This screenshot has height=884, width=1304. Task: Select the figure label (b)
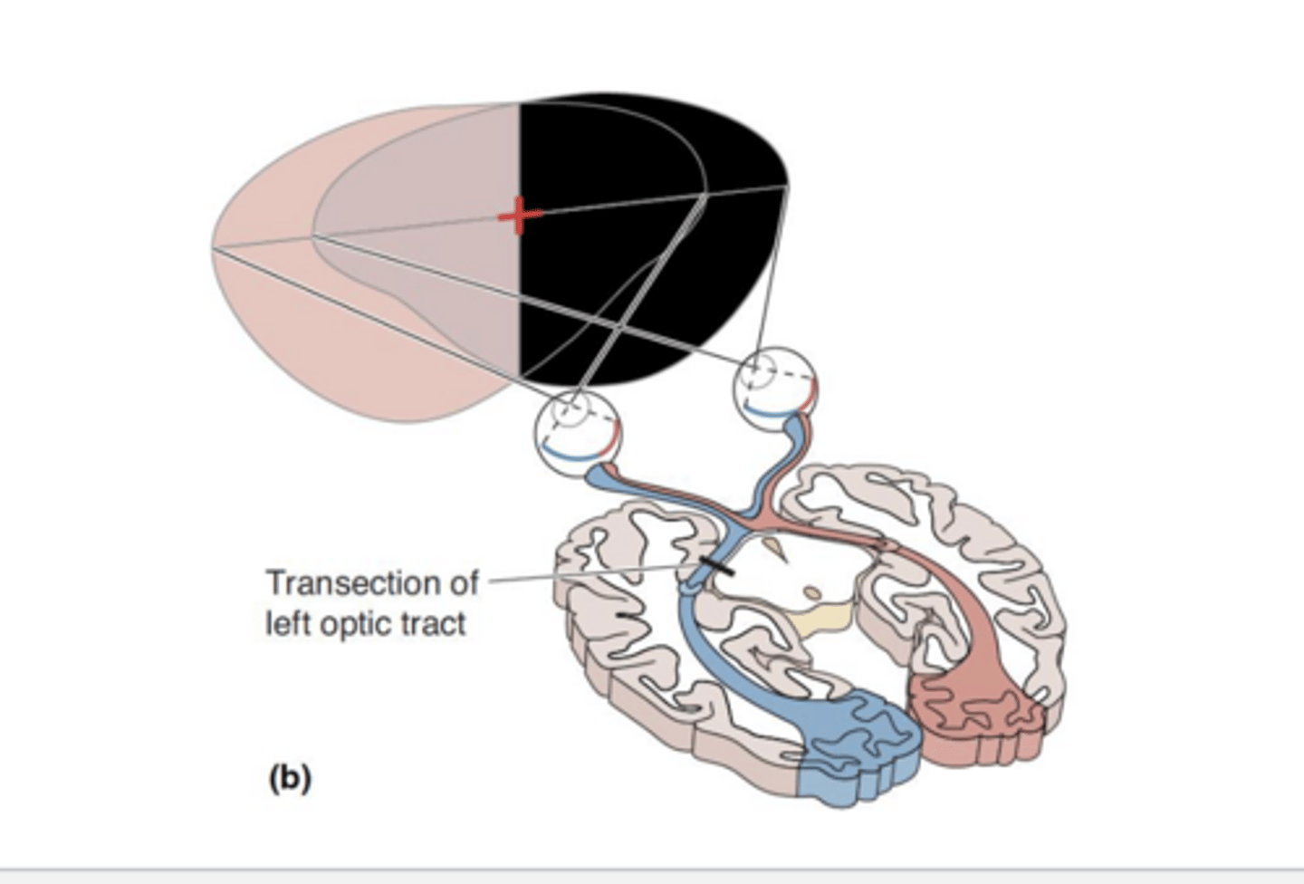(x=290, y=778)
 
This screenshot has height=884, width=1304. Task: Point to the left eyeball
(x=578, y=430)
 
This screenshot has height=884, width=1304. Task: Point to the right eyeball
(x=777, y=385)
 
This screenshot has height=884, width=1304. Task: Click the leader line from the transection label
(x=589, y=575)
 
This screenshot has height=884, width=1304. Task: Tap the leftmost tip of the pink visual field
(x=214, y=246)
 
